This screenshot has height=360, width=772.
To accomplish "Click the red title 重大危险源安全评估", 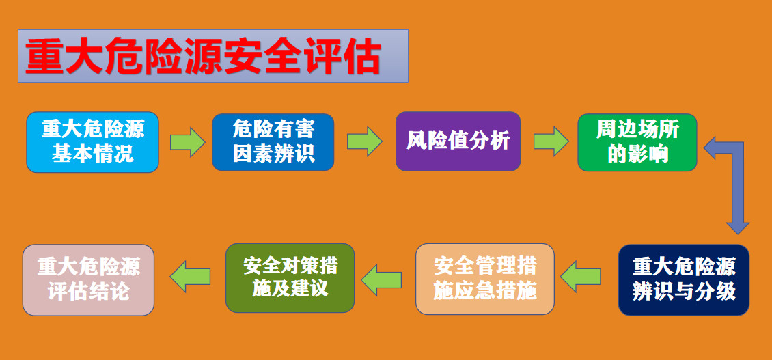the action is click(203, 57).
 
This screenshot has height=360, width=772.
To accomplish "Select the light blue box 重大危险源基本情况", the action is click(92, 142).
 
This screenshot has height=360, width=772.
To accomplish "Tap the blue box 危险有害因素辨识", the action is click(273, 142).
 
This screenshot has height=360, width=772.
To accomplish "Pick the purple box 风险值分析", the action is click(458, 141).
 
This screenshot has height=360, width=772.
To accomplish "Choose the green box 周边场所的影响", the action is click(637, 142).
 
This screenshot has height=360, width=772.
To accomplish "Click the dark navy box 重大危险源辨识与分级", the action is click(684, 279).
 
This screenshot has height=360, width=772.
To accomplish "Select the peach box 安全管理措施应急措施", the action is click(485, 279).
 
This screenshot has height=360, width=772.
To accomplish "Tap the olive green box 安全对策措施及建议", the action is click(290, 278).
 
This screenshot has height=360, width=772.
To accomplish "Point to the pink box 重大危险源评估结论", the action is click(89, 279).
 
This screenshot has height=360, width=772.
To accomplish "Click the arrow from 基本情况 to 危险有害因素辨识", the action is click(188, 142).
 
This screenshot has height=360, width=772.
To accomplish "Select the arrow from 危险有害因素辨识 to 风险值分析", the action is click(364, 141).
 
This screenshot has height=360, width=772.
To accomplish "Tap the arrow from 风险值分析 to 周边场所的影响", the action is click(551, 141).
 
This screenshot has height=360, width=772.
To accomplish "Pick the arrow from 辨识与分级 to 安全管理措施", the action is click(581, 276).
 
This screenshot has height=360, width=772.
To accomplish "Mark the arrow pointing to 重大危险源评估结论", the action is click(190, 276).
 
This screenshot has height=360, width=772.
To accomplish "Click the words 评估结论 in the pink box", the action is click(89, 292).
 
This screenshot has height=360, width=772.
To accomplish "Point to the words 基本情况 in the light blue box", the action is click(92, 153).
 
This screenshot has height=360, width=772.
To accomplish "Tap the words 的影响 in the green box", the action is click(637, 154).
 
